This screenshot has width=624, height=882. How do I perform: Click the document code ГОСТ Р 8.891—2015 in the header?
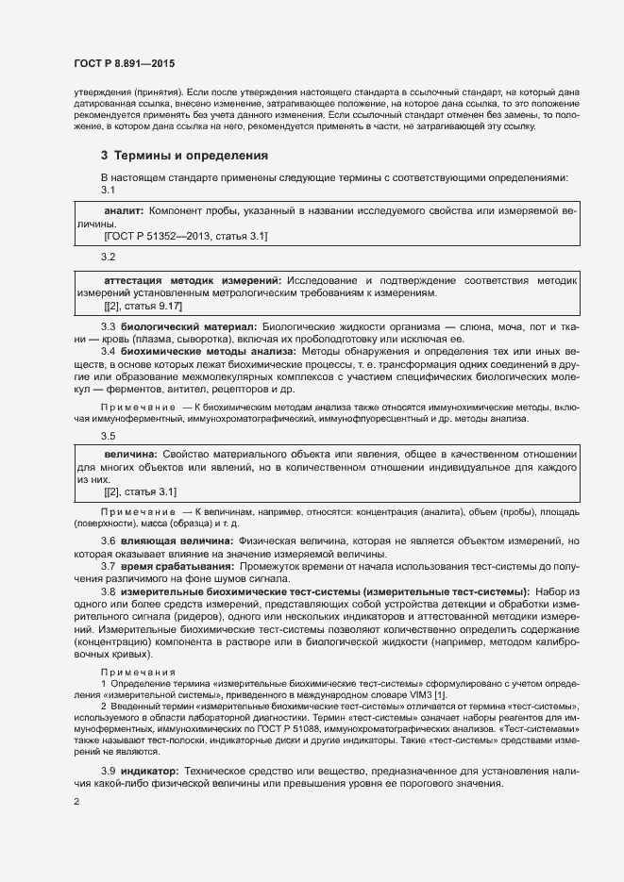125,63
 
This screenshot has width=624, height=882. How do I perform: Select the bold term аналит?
123,214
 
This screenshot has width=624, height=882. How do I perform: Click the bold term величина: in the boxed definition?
130,455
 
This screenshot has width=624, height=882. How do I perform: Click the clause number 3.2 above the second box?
109,257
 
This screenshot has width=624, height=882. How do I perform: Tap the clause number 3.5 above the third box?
109,435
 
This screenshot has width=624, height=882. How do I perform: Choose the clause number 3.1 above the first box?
109,190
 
